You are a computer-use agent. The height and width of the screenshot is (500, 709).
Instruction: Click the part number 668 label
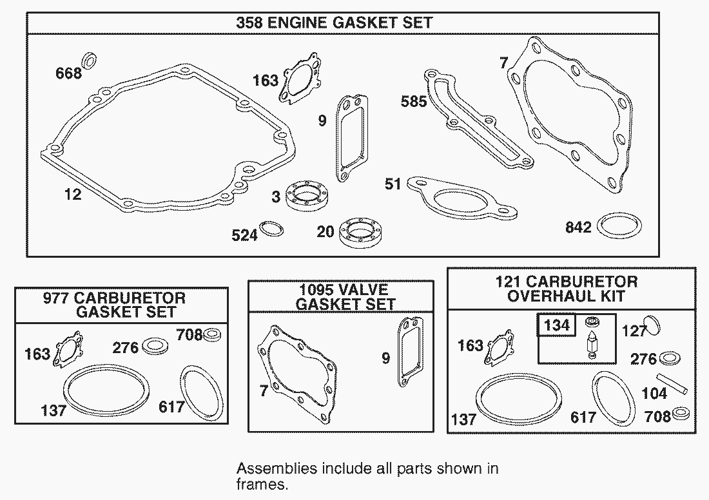tap(69, 73)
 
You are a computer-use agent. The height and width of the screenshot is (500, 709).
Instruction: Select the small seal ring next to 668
tap(90, 61)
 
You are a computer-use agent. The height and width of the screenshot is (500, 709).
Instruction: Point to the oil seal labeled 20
tap(361, 233)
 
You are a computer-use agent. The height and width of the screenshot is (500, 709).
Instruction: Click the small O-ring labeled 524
tap(271, 229)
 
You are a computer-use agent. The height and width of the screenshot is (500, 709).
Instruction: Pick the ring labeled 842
tap(619, 226)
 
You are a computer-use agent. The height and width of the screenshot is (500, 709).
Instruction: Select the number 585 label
tap(414, 101)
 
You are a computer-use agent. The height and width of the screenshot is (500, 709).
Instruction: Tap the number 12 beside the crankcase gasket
tap(73, 195)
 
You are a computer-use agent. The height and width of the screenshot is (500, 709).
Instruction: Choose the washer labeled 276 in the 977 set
tap(155, 346)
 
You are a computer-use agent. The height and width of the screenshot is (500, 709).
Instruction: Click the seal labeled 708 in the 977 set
tap(211, 335)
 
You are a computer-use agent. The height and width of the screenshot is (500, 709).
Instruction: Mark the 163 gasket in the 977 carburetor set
tap(69, 349)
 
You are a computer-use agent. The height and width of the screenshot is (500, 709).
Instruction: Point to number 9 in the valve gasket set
tap(385, 358)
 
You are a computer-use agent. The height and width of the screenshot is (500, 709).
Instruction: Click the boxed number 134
tap(557, 325)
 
